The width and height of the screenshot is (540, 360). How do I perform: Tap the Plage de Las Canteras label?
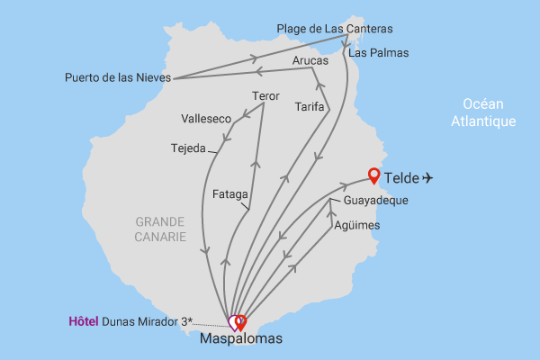[334, 29]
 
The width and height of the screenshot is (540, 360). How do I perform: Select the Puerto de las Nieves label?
[117, 77]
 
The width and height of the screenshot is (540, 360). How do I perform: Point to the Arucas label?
[310, 60]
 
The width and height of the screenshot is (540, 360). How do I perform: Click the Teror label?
[266, 96]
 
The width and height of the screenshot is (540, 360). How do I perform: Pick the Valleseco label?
[206, 119]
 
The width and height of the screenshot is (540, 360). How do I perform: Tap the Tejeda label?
[188, 148]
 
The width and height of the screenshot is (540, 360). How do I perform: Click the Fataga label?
[229, 193]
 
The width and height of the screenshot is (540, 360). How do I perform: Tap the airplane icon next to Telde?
[427, 178]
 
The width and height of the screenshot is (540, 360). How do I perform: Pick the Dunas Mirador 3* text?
[148, 321]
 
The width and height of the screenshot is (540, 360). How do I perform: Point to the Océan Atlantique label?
[483, 112]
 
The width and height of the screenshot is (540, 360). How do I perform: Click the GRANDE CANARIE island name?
[161, 229]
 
